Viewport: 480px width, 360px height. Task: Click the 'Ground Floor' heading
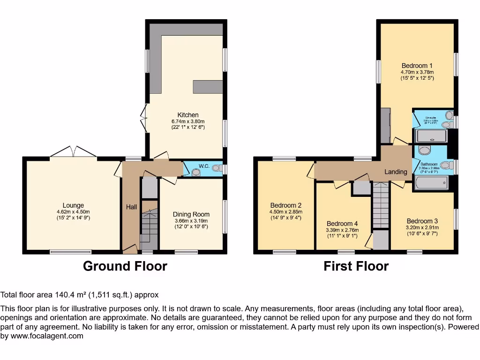pyautogui.click(x=125, y=266)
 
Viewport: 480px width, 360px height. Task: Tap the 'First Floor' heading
pyautogui.click(x=356, y=266)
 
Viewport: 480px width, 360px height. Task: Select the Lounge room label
pyautogui.click(x=73, y=205)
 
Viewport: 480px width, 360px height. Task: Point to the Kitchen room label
pyautogui.click(x=187, y=115)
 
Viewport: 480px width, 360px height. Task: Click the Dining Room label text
pyautogui.click(x=191, y=214)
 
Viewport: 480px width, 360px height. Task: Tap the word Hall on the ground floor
pyautogui.click(x=131, y=207)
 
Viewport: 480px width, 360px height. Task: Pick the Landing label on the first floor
pyautogui.click(x=396, y=172)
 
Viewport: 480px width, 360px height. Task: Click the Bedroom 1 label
pyautogui.click(x=417, y=66)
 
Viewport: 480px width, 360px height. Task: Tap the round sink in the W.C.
pyautogui.click(x=196, y=172)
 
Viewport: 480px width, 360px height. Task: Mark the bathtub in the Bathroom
pyautogui.click(x=431, y=183)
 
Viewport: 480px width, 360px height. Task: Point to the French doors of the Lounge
pyautogui.click(x=74, y=152)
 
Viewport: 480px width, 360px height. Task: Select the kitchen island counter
pyautogui.click(x=208, y=87)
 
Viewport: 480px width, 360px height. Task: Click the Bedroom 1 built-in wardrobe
pyautogui.click(x=385, y=126)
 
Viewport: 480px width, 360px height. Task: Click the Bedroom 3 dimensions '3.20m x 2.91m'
pyautogui.click(x=422, y=228)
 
